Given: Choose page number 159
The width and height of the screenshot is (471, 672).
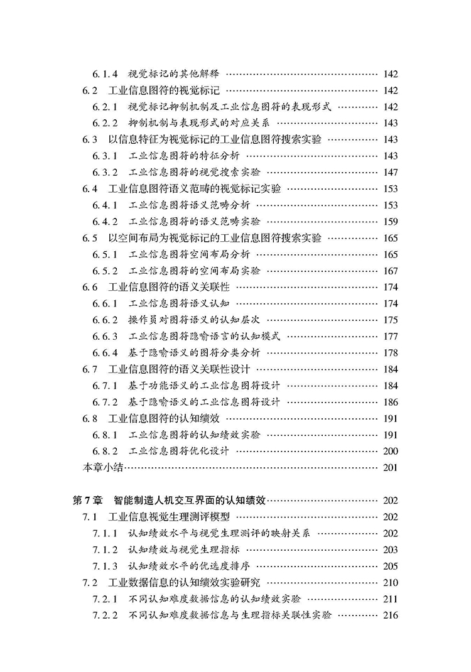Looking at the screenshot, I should tap(390, 221).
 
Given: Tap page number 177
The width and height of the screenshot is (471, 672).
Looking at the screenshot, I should tap(390, 336).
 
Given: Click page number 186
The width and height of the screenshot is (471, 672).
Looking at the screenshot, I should tap(390, 401).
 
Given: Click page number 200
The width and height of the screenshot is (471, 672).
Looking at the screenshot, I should tap(390, 451).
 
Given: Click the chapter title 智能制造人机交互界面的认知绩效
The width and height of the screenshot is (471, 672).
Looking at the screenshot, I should tap(191, 501).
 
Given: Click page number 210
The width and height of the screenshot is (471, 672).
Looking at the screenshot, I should tap(390, 582).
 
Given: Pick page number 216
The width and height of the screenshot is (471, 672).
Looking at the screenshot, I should tap(390, 615).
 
